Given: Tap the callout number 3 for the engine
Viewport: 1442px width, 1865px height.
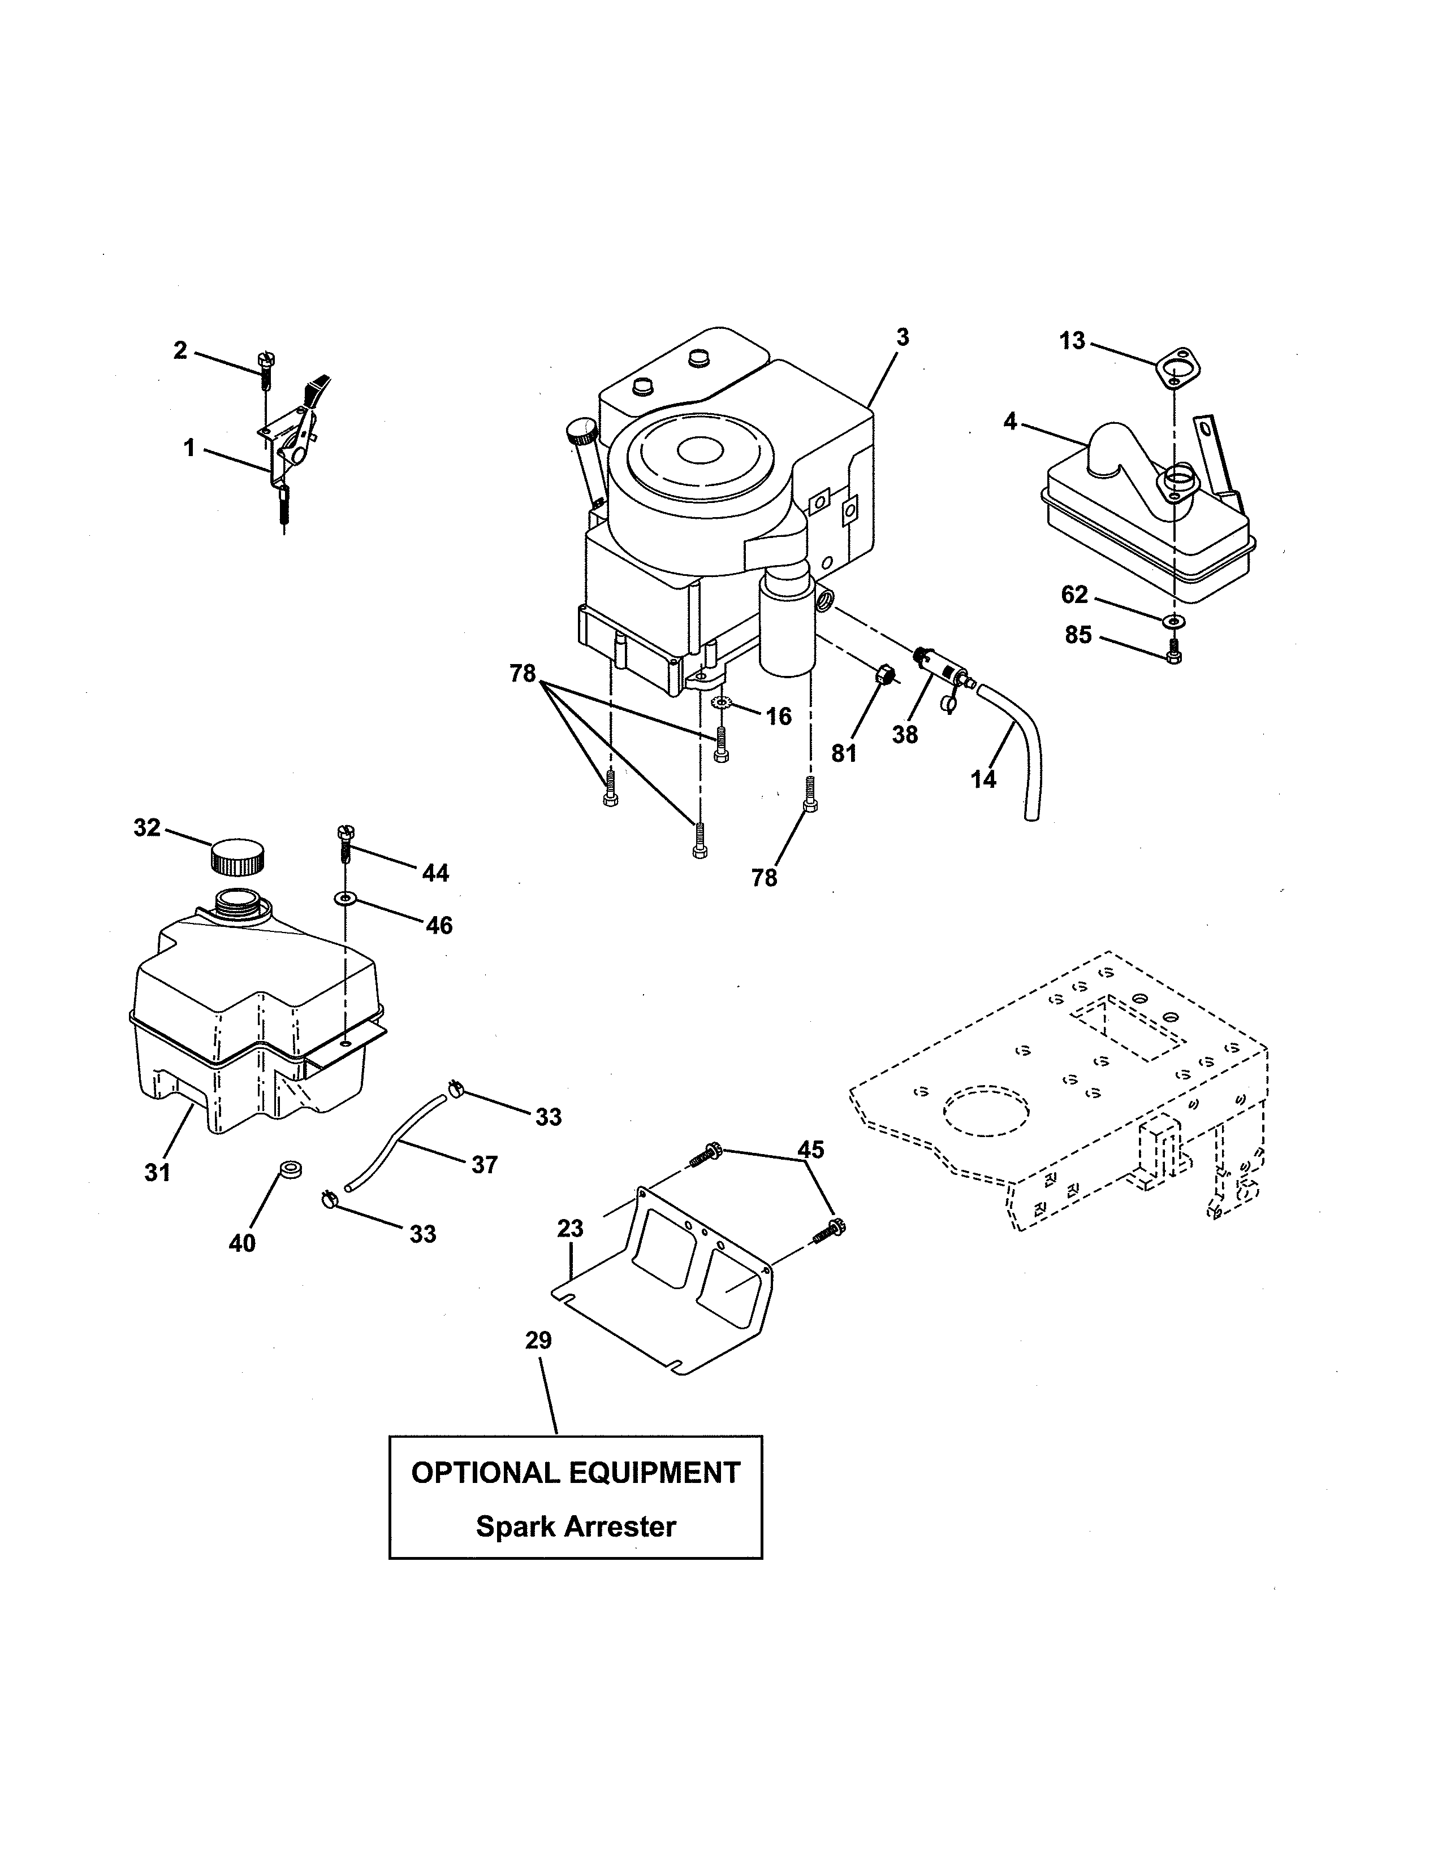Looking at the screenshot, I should click(903, 337).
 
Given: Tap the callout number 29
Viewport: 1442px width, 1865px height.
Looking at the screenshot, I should click(538, 1341).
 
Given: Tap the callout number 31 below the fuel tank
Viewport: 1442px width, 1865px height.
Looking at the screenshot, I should click(157, 1173).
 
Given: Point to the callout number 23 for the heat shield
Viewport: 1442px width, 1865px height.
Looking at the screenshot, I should click(570, 1228).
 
